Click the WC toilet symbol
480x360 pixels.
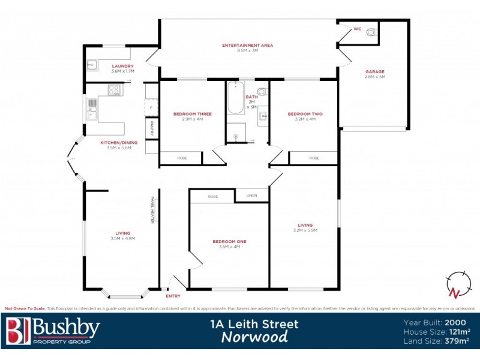click(x=371, y=32)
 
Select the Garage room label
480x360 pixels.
click(x=375, y=71)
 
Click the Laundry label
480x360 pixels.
click(x=122, y=66)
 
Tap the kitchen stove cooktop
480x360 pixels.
click(x=115, y=90)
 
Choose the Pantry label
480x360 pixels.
click(x=152, y=128)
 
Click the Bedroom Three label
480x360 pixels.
click(x=192, y=114)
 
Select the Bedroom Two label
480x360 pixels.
click(x=305, y=114)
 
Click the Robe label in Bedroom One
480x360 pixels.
click(x=212, y=197)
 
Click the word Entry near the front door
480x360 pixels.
click(x=172, y=296)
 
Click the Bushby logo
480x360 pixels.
click(x=53, y=331)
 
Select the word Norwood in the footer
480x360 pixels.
click(x=254, y=337)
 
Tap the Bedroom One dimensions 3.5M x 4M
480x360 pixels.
click(x=229, y=247)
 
